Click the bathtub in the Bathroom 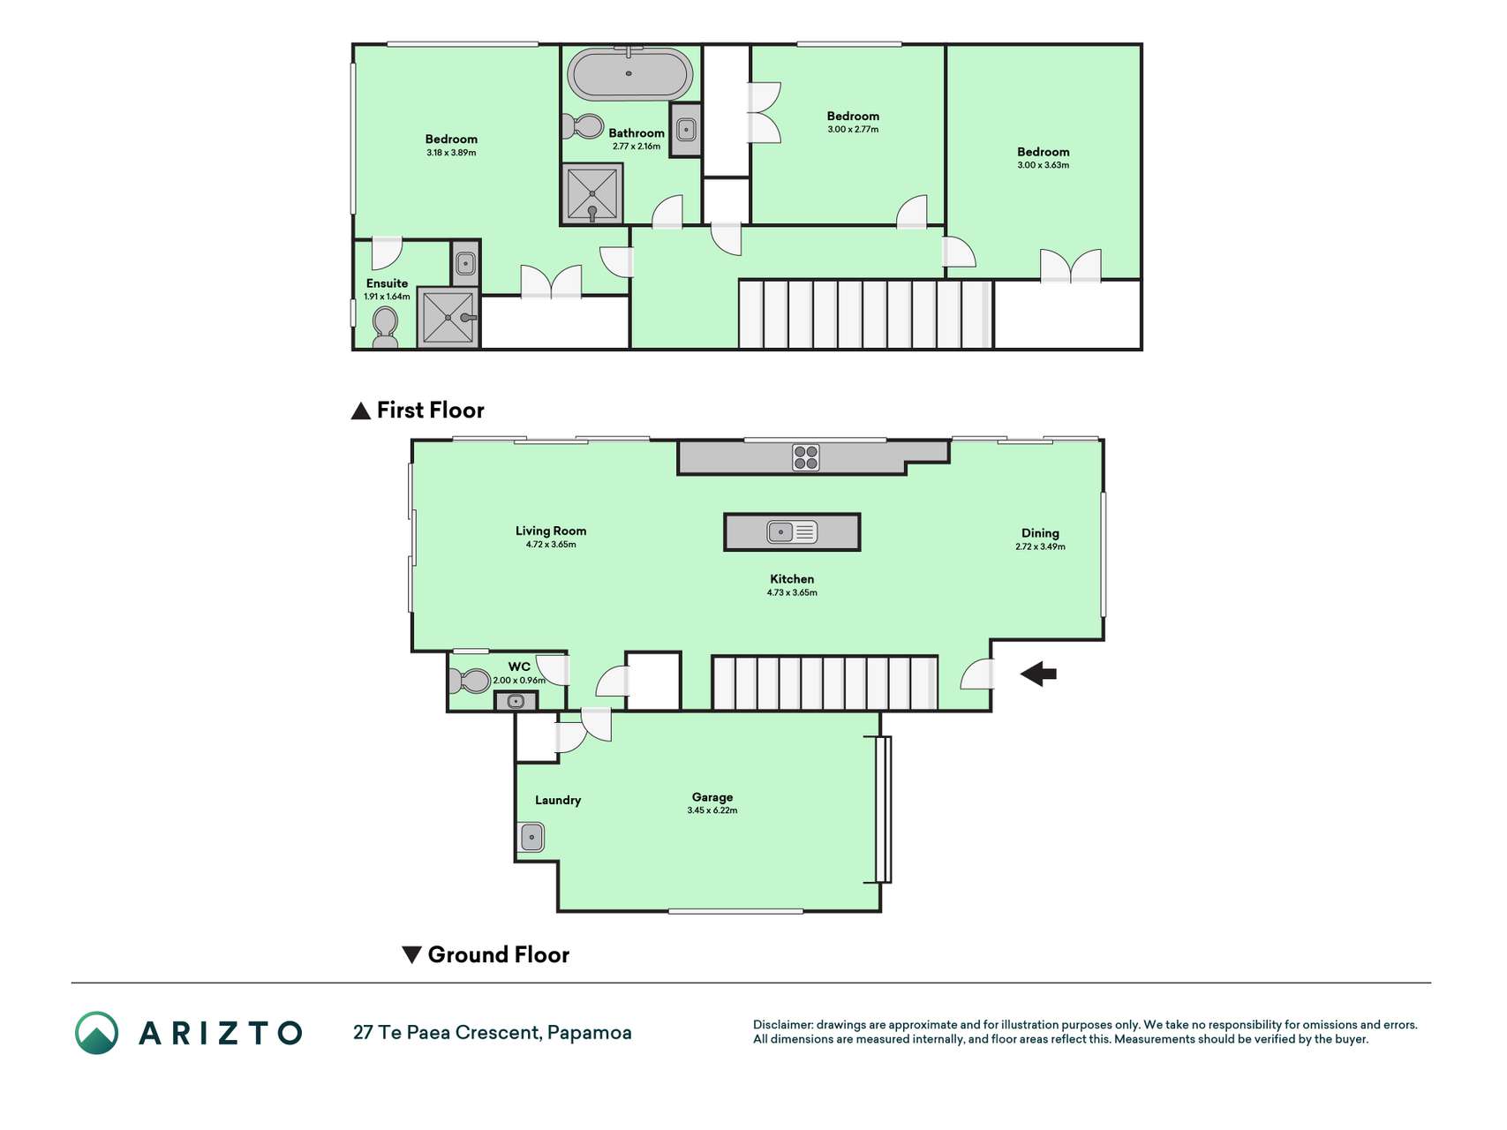click(x=629, y=74)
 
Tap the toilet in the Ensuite click(x=385, y=327)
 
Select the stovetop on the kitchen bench click(x=805, y=457)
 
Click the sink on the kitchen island click(x=792, y=531)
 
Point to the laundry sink click(x=531, y=837)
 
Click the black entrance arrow click(x=1038, y=674)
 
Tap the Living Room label click(x=551, y=531)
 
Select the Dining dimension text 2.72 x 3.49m click(x=1040, y=546)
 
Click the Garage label click(x=712, y=797)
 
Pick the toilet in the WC click(x=470, y=681)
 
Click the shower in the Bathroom click(x=592, y=193)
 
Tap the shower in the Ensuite click(x=448, y=318)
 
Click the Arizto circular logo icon click(x=96, y=1033)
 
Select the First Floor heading click(x=418, y=411)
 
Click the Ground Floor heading click(x=486, y=954)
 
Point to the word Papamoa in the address click(x=590, y=1033)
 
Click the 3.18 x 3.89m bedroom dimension click(x=451, y=153)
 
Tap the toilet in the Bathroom click(x=583, y=126)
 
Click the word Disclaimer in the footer click(x=783, y=1025)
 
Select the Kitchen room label click(x=792, y=579)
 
